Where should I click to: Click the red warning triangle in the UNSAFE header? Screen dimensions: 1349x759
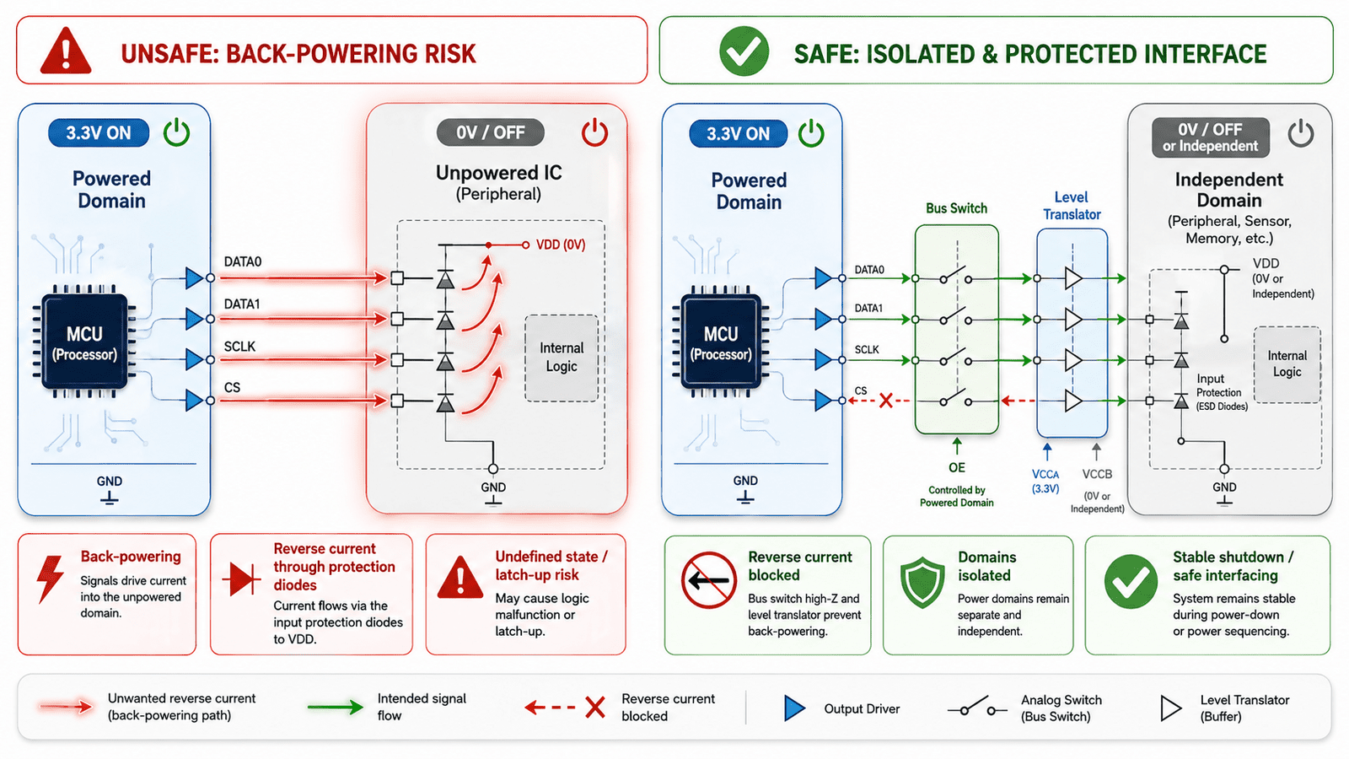(66, 51)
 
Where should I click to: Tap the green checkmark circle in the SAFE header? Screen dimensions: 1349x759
(744, 51)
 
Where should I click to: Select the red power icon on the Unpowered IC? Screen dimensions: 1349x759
(594, 132)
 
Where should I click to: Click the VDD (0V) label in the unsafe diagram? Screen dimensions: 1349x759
(560, 245)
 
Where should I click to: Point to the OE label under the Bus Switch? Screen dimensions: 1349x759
(956, 467)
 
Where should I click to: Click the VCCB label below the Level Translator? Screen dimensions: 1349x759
(1097, 474)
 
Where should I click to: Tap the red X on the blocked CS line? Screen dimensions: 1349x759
(885, 401)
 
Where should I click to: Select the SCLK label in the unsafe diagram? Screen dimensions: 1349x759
(239, 347)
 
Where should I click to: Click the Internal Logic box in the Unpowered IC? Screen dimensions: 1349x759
(562, 358)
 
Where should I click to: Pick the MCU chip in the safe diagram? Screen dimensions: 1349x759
(721, 342)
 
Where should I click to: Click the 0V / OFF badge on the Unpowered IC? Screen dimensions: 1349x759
(490, 132)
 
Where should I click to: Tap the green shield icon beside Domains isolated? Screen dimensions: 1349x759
(922, 583)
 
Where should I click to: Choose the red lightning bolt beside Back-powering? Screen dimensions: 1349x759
(51, 579)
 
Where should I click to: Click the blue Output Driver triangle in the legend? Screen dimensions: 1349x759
(794, 708)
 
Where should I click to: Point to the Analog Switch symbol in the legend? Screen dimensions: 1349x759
(977, 708)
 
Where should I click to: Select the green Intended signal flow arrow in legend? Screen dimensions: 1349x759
(335, 708)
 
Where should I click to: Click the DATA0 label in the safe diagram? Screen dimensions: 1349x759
(869, 270)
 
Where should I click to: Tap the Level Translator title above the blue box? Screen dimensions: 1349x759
(1072, 206)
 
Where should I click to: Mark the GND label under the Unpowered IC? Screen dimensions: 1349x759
(493, 487)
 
